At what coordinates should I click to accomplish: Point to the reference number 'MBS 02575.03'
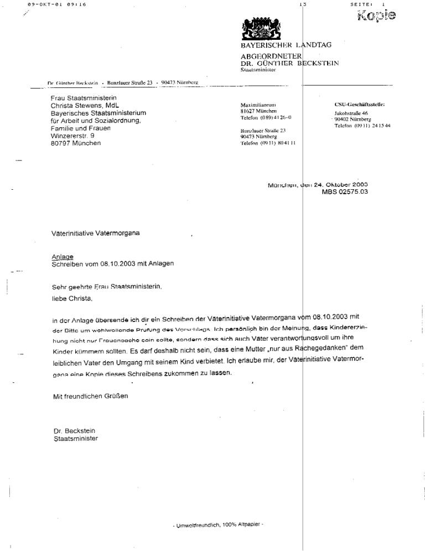click(345, 192)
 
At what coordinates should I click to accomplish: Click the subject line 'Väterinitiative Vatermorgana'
click(95, 233)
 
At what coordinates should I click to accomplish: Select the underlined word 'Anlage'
click(59, 257)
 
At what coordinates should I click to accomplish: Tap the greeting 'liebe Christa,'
click(70, 299)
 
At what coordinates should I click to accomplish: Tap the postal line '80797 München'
click(76, 143)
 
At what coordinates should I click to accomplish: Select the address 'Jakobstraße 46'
click(353, 112)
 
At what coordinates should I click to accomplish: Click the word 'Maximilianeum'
click(258, 105)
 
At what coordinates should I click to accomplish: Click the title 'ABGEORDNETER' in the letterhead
click(271, 56)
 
